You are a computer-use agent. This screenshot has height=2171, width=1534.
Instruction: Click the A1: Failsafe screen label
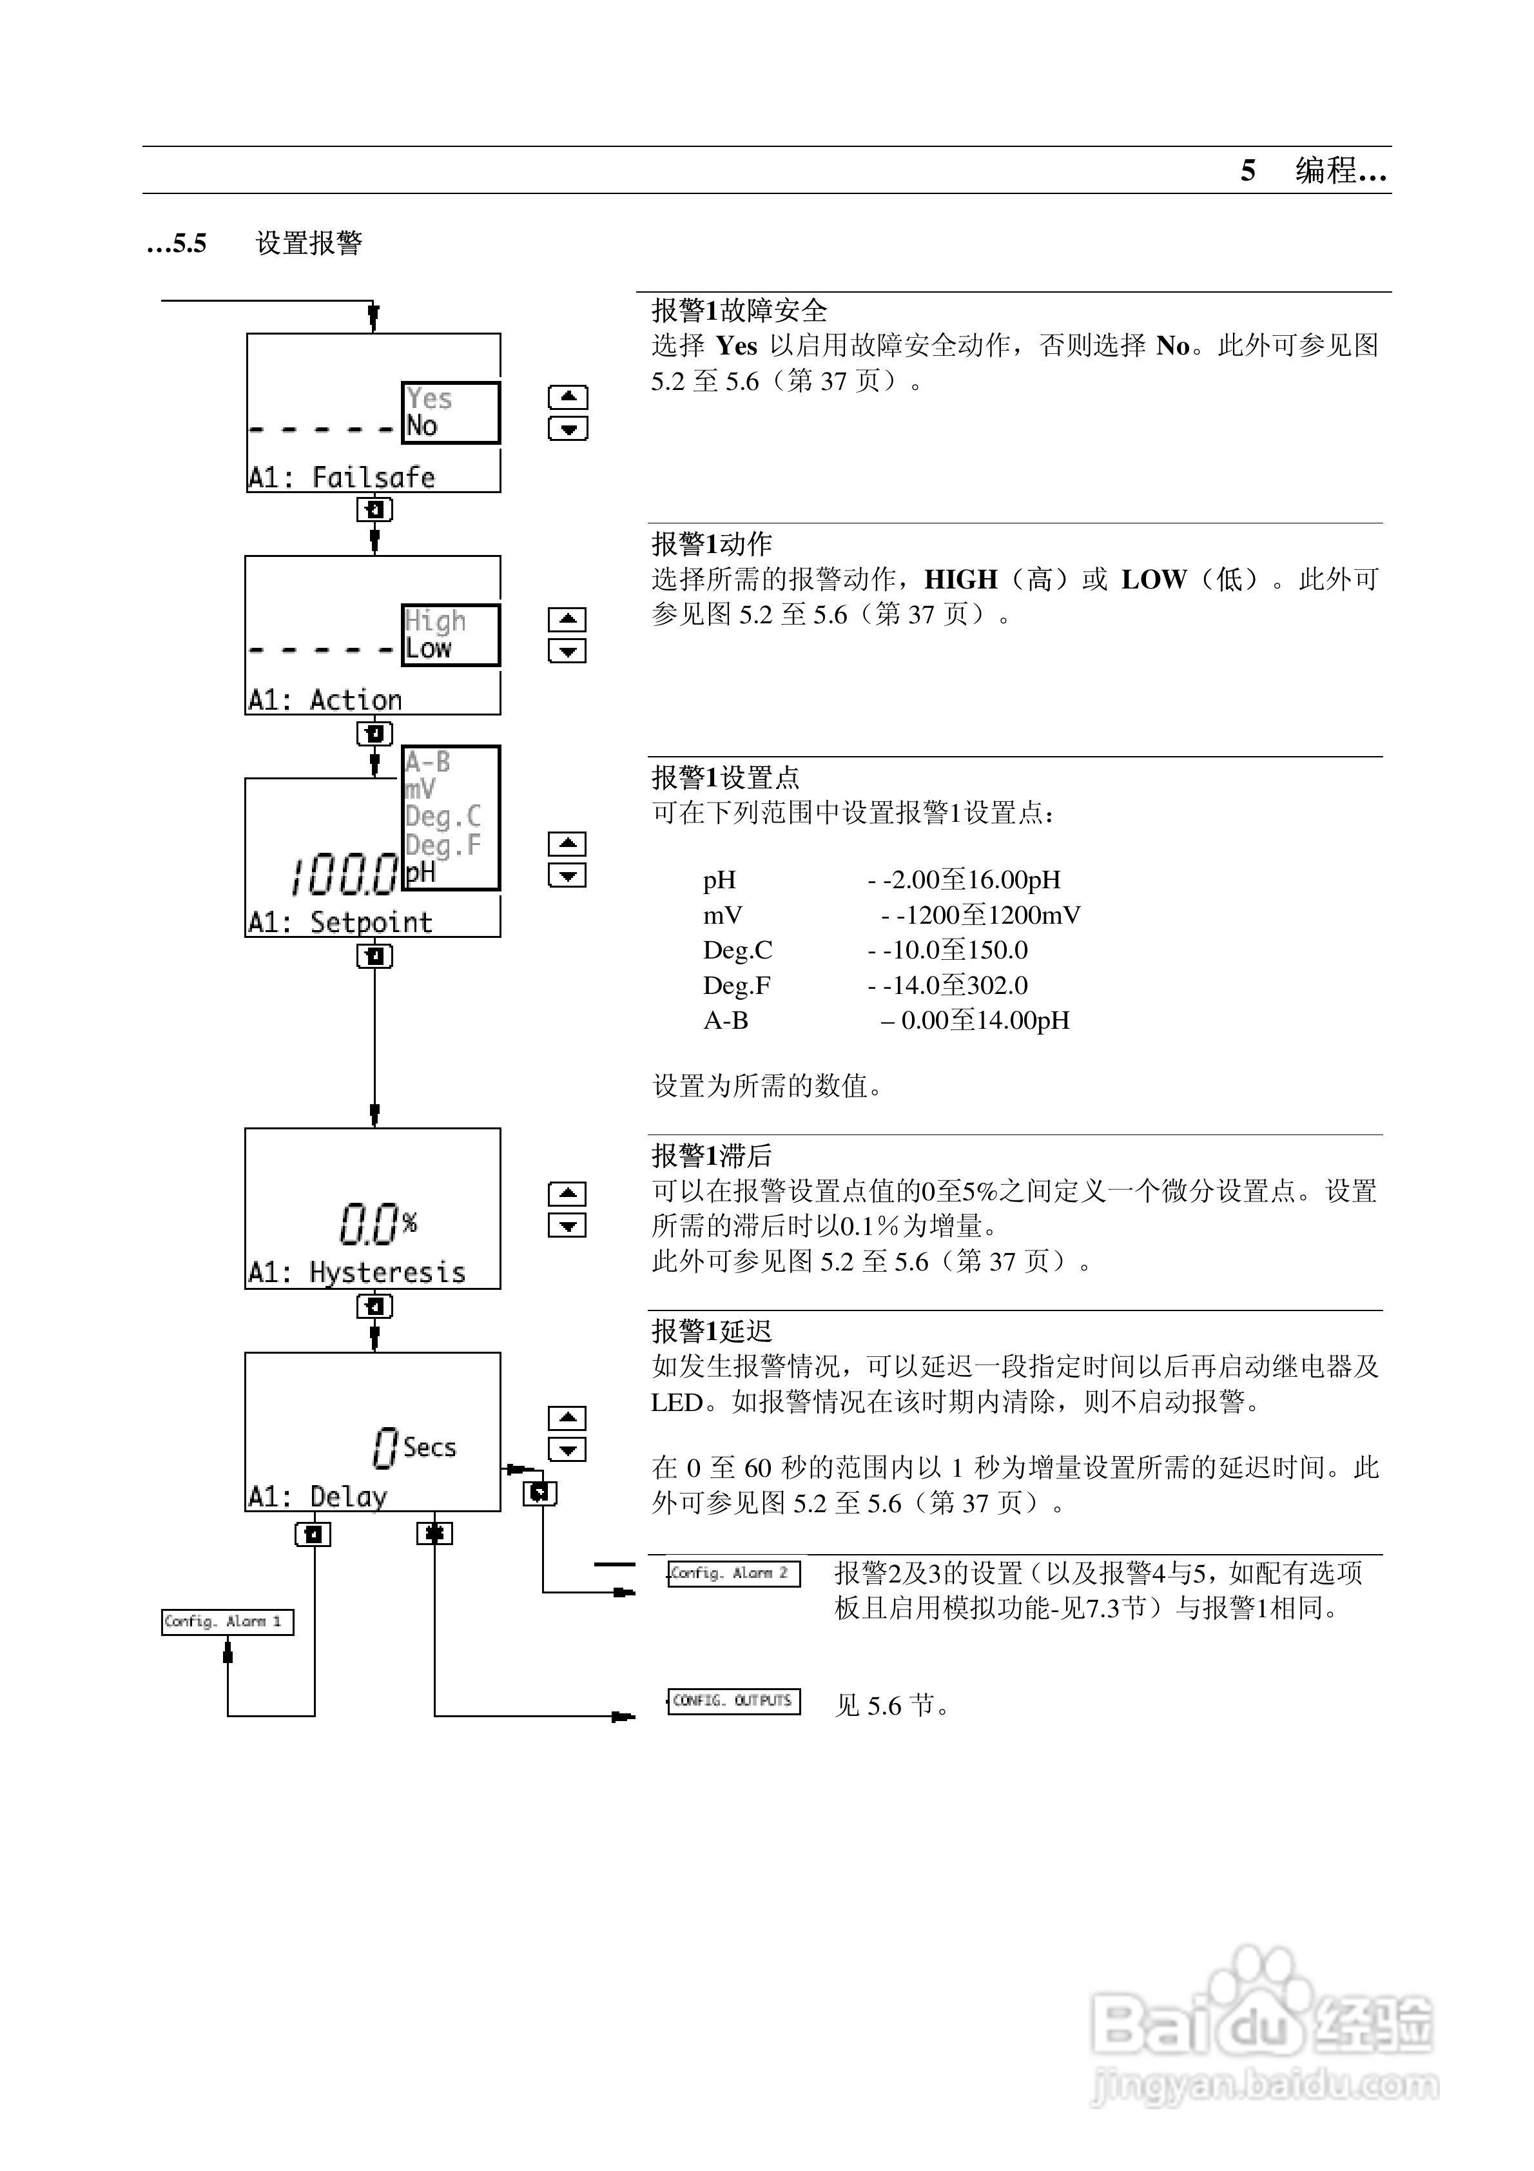(x=342, y=478)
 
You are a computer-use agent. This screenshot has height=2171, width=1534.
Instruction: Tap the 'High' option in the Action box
(x=435, y=621)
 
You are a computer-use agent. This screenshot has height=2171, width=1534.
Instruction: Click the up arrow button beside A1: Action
(x=567, y=619)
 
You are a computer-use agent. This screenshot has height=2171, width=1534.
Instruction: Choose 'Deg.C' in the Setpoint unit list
(x=443, y=816)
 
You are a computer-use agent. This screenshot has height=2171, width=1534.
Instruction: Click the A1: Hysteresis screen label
(x=356, y=1272)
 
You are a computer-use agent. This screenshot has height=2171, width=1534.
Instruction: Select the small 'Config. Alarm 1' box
(x=227, y=1622)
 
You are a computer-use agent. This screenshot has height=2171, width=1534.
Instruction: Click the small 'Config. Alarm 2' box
(x=734, y=1573)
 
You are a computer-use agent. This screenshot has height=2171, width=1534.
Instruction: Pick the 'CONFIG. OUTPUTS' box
(x=734, y=1701)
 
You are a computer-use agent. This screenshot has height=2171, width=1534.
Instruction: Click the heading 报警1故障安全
(x=739, y=311)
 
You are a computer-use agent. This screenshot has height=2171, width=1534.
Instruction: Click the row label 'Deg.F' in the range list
(x=737, y=986)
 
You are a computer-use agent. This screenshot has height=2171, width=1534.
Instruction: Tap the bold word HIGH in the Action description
(x=960, y=579)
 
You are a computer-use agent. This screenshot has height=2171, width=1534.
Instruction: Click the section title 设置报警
(x=309, y=243)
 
